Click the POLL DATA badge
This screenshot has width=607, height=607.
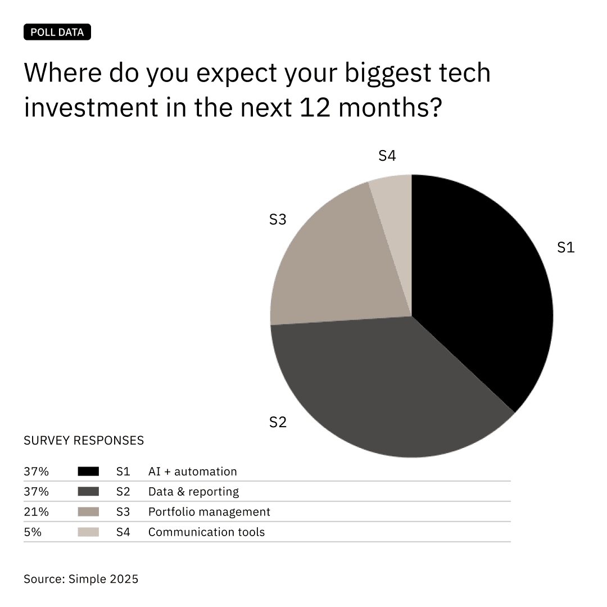pyautogui.click(x=57, y=32)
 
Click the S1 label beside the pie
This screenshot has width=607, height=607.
pyautogui.click(x=565, y=247)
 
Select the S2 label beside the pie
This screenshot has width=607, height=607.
pyautogui.click(x=278, y=422)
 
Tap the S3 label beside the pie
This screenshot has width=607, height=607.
pyautogui.click(x=278, y=220)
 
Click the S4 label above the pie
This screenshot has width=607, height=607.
pyautogui.click(x=387, y=156)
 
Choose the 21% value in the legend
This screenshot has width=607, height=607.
pyautogui.click(x=36, y=512)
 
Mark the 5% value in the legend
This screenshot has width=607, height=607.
pyautogui.click(x=33, y=532)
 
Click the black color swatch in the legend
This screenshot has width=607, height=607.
pyautogui.click(x=88, y=472)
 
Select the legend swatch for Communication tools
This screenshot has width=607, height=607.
pyautogui.click(x=88, y=532)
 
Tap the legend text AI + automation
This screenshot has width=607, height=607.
pyautogui.click(x=192, y=472)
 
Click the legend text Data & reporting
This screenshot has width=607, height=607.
pyautogui.click(x=193, y=492)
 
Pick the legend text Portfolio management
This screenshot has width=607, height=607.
pyautogui.click(x=209, y=512)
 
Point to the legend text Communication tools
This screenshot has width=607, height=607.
pyautogui.click(x=206, y=532)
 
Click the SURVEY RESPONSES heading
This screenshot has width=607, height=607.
pyautogui.click(x=84, y=440)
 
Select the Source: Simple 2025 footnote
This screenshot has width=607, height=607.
pyautogui.click(x=81, y=578)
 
